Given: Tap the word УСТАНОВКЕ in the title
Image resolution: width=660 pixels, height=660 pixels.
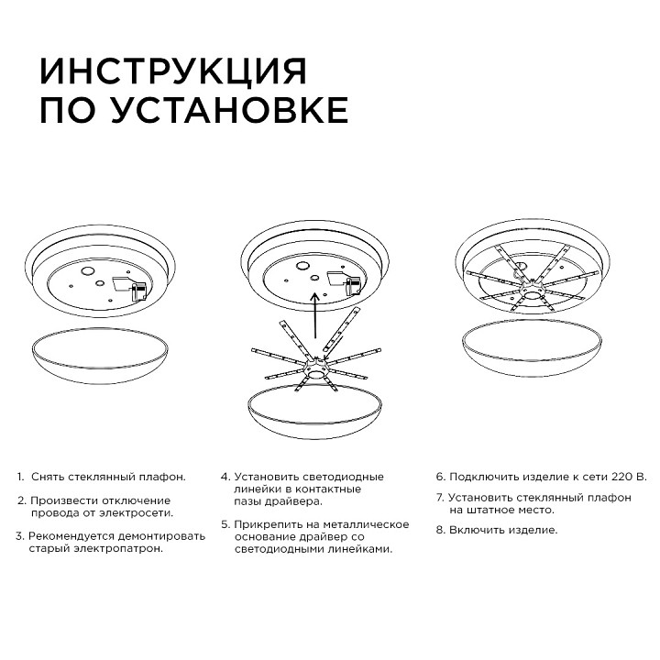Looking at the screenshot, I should pos(229,110).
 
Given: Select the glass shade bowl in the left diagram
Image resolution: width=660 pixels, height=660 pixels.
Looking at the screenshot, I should pos(101,354).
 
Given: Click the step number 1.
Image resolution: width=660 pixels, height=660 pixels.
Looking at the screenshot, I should pos(20,478).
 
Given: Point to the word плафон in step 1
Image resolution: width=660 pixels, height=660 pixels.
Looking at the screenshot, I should pos(160,478).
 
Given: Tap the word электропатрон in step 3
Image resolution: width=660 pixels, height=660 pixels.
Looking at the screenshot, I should pos(119,548).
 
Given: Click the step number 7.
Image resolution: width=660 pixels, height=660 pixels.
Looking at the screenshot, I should pos(439,498).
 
